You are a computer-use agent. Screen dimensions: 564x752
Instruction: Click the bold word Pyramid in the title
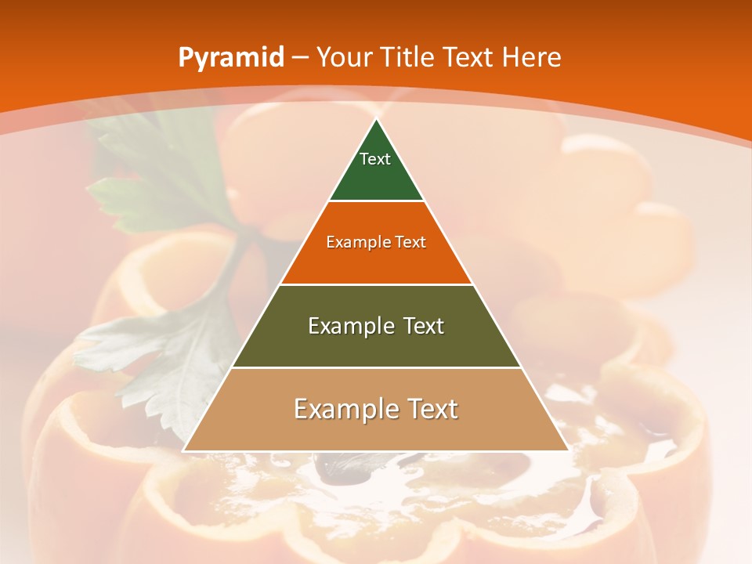(x=231, y=57)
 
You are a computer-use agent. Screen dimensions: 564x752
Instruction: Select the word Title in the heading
(x=408, y=57)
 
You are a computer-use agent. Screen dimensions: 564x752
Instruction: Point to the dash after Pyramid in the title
(x=299, y=58)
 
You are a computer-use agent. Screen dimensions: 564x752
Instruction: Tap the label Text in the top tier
(x=375, y=159)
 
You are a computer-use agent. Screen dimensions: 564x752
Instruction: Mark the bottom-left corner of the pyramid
(x=184, y=450)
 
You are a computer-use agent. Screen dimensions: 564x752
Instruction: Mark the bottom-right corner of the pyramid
(x=568, y=450)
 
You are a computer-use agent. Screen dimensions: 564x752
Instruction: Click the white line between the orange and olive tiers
(x=376, y=284)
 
